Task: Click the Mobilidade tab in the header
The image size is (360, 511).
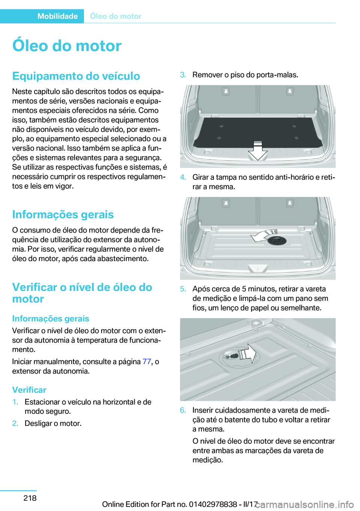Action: click(x=57, y=16)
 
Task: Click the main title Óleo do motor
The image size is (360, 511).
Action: click(x=67, y=46)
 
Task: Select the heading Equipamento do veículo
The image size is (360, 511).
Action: click(x=76, y=76)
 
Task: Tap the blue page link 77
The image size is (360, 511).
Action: click(x=147, y=362)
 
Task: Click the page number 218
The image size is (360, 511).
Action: click(x=30, y=498)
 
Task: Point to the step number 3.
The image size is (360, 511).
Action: click(x=183, y=75)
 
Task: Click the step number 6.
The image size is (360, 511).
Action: click(x=183, y=410)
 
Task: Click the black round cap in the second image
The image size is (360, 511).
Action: click(x=277, y=241)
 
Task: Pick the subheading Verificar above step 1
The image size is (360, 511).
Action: click(x=29, y=390)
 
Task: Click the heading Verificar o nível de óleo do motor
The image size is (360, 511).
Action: click(x=82, y=293)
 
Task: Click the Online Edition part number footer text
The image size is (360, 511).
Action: click(x=180, y=504)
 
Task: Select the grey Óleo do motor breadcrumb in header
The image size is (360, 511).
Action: click(x=115, y=16)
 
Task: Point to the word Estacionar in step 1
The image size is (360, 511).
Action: click(x=42, y=402)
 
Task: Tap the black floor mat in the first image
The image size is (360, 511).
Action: click(x=255, y=131)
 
